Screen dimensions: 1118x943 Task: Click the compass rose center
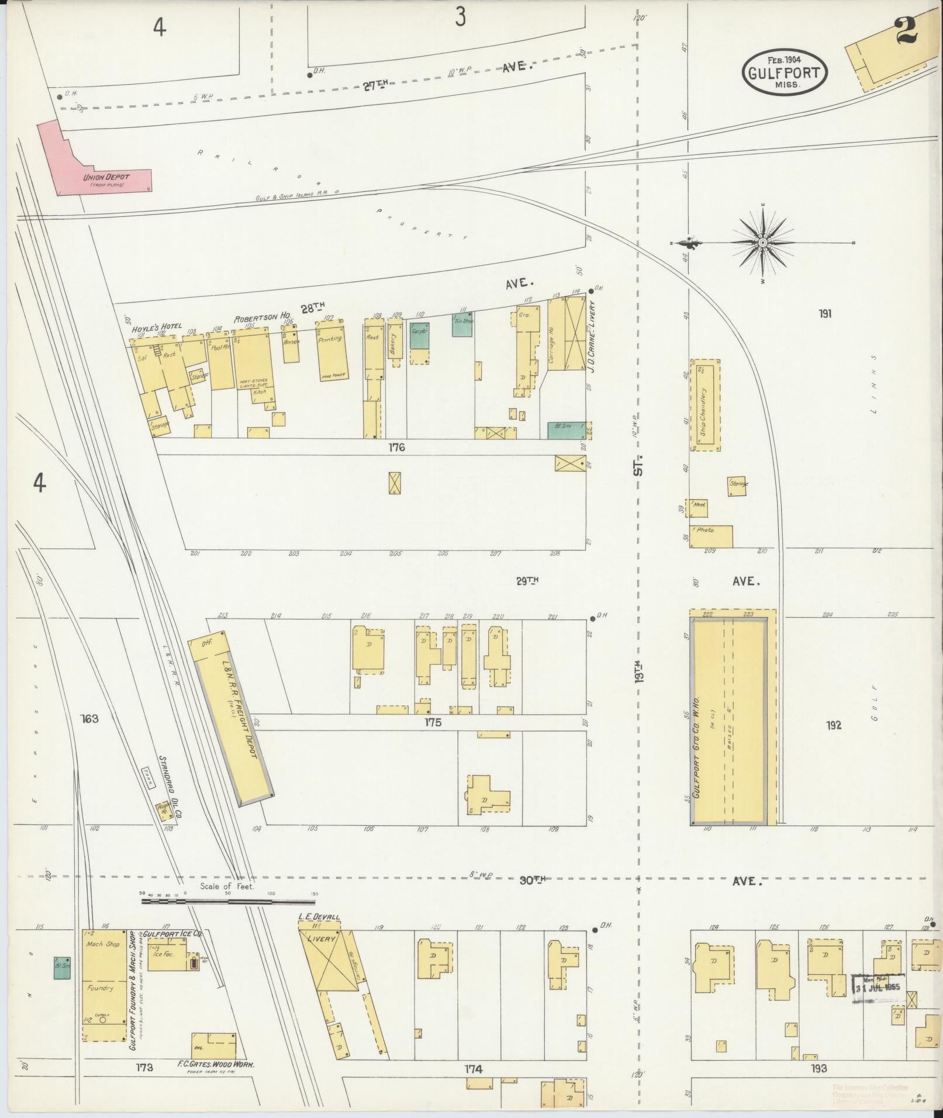(762, 243)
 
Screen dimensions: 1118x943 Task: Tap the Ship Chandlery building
(705, 405)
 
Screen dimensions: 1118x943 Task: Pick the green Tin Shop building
(462, 326)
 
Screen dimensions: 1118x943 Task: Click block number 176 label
(396, 448)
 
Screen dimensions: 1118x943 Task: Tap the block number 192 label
(834, 725)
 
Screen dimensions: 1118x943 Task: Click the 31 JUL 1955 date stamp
(877, 988)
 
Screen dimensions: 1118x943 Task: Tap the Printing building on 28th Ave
(331, 351)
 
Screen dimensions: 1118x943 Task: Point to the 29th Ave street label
(527, 580)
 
